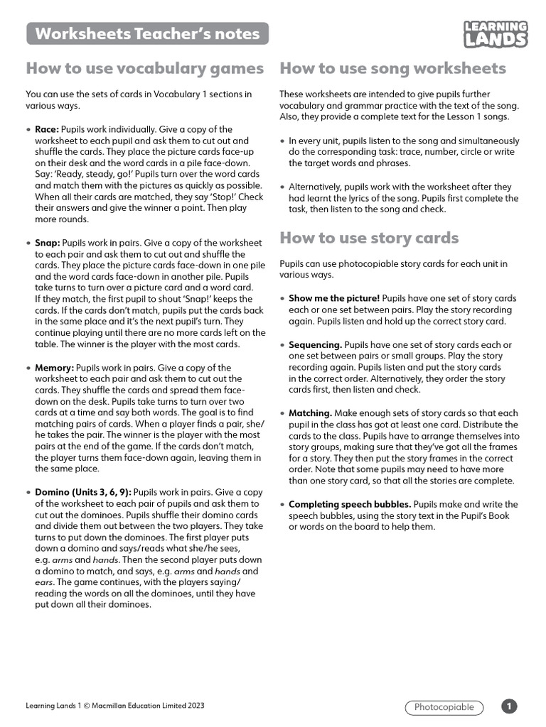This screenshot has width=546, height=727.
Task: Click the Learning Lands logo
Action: click(496, 34)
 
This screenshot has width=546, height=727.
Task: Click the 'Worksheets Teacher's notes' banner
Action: click(147, 33)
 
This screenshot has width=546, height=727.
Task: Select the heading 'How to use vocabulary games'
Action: click(144, 68)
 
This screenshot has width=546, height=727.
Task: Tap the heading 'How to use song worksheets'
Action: click(392, 68)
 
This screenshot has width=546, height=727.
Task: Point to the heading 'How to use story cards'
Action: click(369, 238)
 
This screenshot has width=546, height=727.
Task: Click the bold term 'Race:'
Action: click(47, 129)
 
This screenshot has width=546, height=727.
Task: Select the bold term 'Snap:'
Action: click(48, 243)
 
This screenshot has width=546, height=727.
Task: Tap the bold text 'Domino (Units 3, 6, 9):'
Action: click(83, 492)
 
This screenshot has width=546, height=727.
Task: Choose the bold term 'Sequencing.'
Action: click(315, 344)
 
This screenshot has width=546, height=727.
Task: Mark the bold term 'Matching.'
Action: click(310, 412)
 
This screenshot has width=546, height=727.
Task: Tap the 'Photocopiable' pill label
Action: click(444, 707)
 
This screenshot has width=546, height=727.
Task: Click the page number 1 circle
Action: click(509, 706)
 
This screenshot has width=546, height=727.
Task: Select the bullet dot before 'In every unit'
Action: click(282, 141)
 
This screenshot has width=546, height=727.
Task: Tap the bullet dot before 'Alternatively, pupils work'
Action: click(282, 187)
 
